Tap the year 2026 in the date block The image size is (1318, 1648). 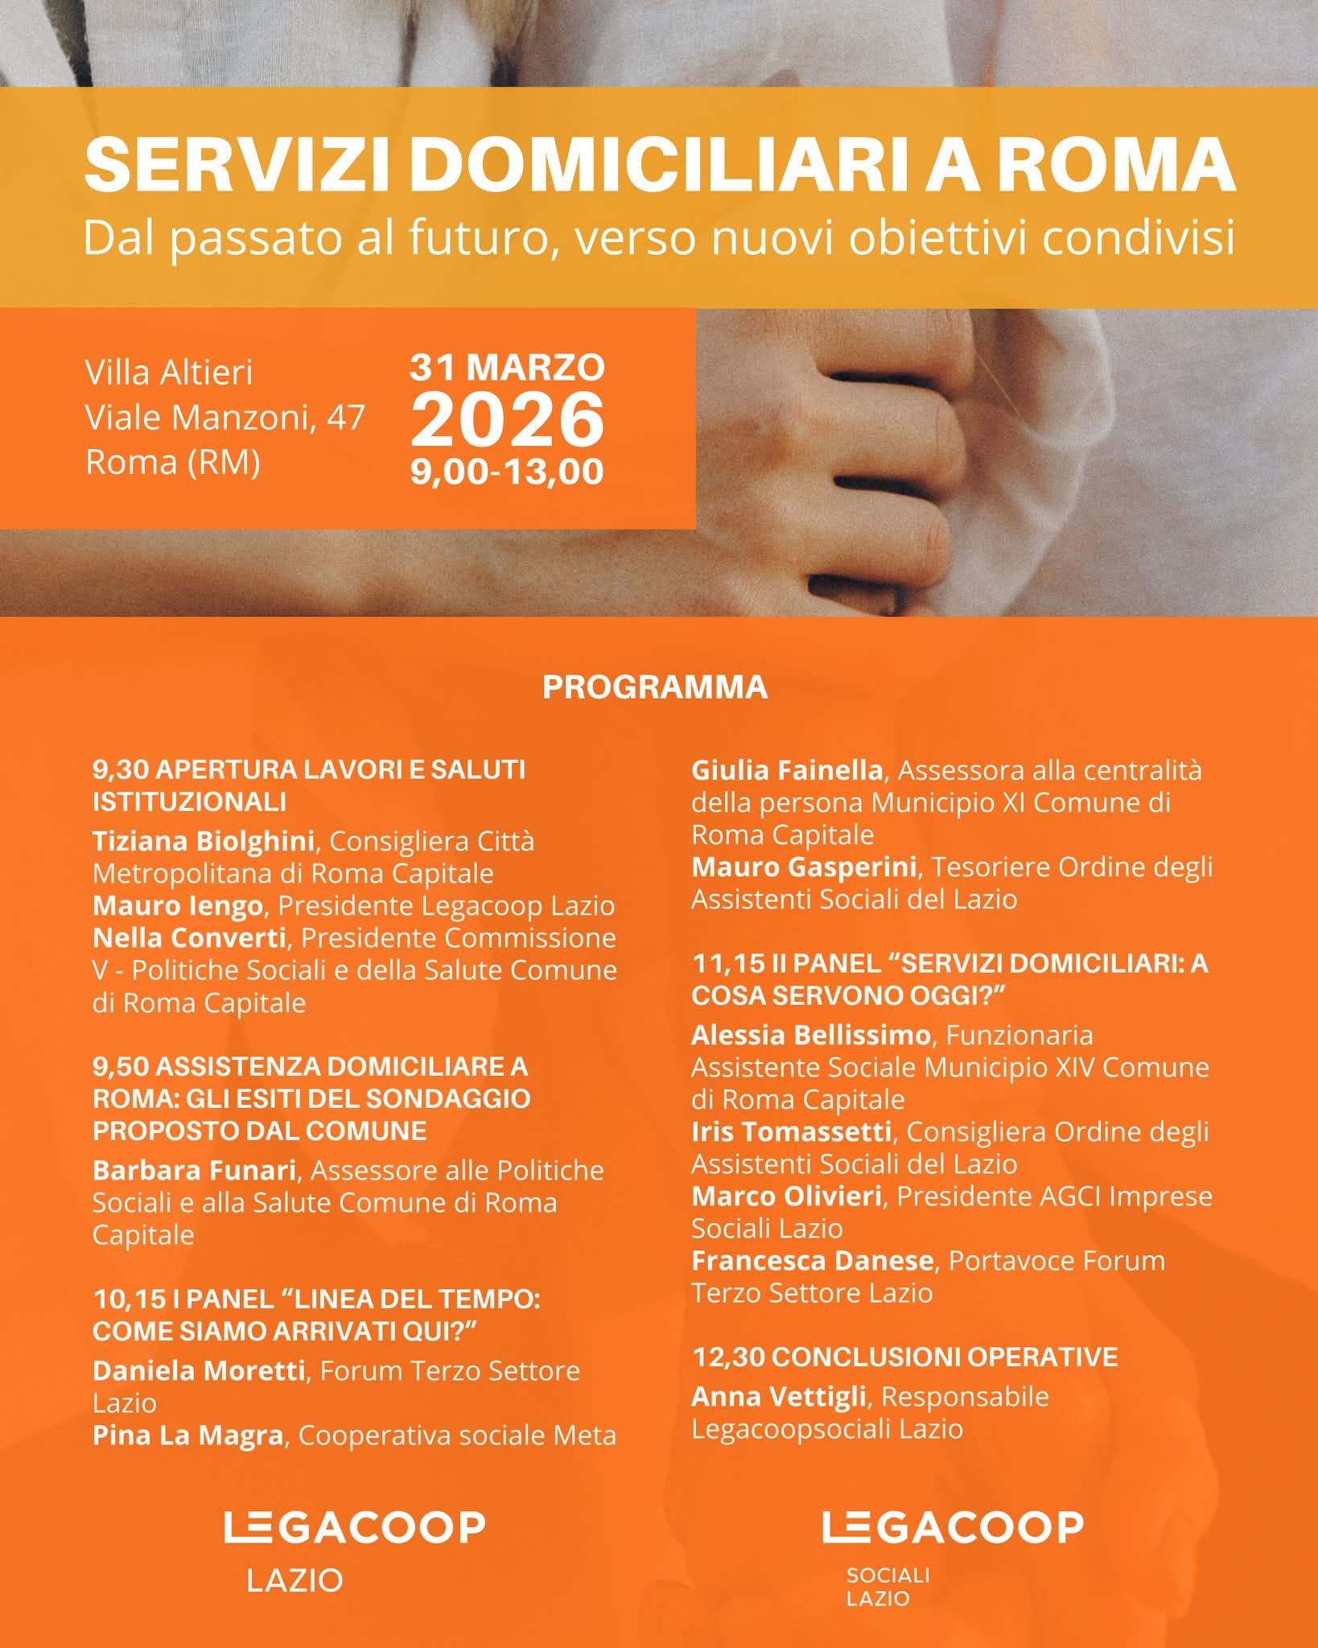[x=507, y=420]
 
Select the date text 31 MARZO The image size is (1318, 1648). [x=507, y=367]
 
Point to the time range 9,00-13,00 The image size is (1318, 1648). [x=507, y=472]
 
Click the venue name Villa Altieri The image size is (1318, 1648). [x=169, y=373]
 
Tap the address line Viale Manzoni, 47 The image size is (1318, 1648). [x=225, y=418]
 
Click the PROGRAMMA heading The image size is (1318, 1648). [x=655, y=687]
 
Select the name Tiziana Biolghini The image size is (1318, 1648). [x=203, y=841]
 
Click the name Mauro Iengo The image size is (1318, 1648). [x=178, y=905]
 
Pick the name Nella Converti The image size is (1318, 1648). [x=189, y=937]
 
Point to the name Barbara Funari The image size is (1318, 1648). [x=194, y=1170]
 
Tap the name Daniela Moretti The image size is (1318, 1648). [x=198, y=1370]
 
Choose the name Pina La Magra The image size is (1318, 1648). [x=187, y=1436]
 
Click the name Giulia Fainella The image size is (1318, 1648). [x=787, y=770]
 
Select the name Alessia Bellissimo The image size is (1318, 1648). [x=810, y=1035]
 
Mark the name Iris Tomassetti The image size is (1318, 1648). [x=791, y=1131]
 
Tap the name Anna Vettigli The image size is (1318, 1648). [x=778, y=1397]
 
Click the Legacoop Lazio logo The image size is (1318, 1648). [x=354, y=1549]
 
